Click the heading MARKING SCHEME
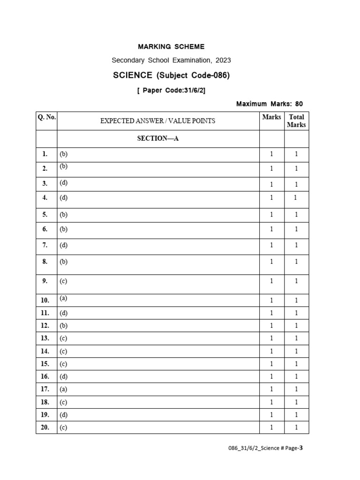pyautogui.click(x=171, y=46)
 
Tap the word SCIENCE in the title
pyautogui.click(x=133, y=75)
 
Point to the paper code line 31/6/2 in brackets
pyautogui.click(x=171, y=90)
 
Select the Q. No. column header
pyautogui.click(x=46, y=117)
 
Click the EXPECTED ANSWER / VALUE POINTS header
pyautogui.click(x=158, y=121)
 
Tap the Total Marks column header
pyautogui.click(x=296, y=120)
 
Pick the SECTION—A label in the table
pyautogui.click(x=158, y=138)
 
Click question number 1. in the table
pyautogui.click(x=45, y=154)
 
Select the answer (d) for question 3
pyautogui.click(x=63, y=183)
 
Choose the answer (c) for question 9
pyautogui.click(x=63, y=281)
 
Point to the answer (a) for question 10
pyautogui.click(x=63, y=298)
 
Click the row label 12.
pyautogui.click(x=45, y=325)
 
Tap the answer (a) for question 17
pyautogui.click(x=63, y=389)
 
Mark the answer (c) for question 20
pyautogui.click(x=63, y=427)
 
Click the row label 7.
pyautogui.click(x=45, y=245)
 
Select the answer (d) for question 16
pyautogui.click(x=63, y=376)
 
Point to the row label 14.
pyautogui.click(x=45, y=351)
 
